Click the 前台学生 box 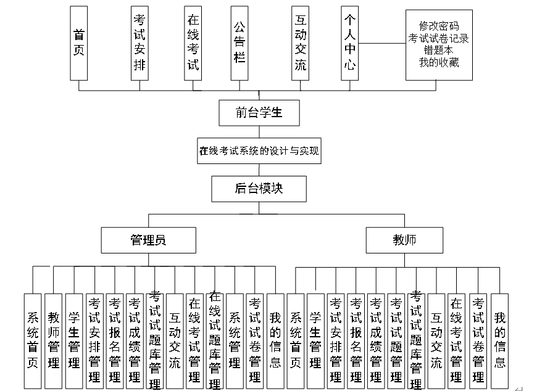259,112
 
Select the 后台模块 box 259,189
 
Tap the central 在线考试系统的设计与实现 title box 259,150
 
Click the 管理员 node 148,240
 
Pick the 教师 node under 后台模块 404,240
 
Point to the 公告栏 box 239,43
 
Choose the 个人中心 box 349,43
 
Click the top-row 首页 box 79,43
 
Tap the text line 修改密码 438,27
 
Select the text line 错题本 438,51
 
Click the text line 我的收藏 438,62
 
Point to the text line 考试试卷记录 438,38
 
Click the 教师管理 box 54,340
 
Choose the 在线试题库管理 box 215,340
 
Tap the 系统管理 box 235,340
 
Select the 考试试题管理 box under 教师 396,340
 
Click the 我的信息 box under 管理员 275,340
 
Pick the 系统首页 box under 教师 296,340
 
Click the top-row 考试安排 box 139,43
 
